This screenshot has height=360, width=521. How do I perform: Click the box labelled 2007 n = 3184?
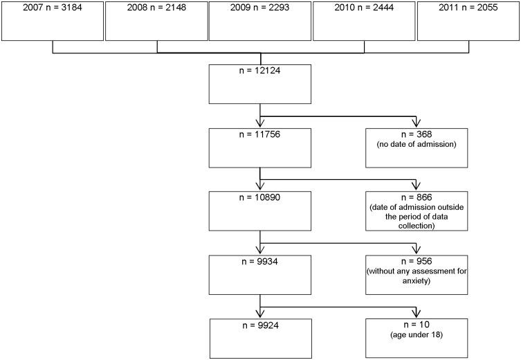(53, 21)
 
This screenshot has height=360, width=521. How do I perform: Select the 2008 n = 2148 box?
(156, 21)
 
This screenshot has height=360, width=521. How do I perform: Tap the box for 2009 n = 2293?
(260, 21)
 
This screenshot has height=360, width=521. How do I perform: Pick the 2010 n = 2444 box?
(364, 21)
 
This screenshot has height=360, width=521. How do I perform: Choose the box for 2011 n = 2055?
(468, 21)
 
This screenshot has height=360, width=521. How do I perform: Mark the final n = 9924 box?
(260, 337)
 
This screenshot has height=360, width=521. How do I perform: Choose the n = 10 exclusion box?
(416, 337)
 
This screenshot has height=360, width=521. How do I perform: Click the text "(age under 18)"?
(416, 339)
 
